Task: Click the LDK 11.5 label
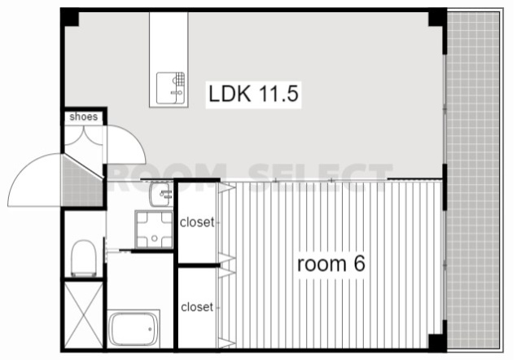(253, 94)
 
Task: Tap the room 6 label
(331, 264)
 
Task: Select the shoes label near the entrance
(84, 116)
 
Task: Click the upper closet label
(197, 222)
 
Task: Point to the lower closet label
(197, 307)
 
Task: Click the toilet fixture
(84, 258)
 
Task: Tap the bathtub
(134, 329)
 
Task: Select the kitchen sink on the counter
(170, 88)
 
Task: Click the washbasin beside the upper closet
(161, 194)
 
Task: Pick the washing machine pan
(154, 230)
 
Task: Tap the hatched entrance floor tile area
(81, 182)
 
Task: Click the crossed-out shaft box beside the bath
(84, 314)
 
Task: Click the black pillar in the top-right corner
(437, 18)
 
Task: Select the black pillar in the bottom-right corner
(437, 342)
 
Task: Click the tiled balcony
(474, 180)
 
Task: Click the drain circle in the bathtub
(150, 329)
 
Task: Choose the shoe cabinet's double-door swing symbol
(84, 136)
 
